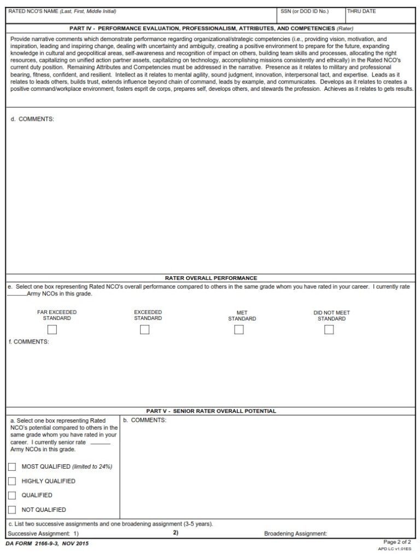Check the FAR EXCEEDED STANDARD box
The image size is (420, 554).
point(52,330)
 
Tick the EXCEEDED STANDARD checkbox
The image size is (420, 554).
point(144,330)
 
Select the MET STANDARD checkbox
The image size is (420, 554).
point(238,330)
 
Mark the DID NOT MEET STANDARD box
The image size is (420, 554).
point(329,330)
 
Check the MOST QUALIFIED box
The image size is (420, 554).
point(12,467)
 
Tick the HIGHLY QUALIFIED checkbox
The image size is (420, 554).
point(12,481)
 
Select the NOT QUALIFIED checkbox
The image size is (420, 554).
point(12,510)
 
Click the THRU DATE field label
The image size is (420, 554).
point(361,11)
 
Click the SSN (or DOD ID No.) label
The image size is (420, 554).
point(304,11)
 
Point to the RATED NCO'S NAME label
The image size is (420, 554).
point(62,11)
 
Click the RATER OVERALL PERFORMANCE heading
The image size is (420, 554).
point(211,278)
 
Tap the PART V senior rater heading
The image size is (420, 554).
point(211,411)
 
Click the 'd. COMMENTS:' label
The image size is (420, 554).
point(32,119)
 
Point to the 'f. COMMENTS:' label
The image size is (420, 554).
point(29,342)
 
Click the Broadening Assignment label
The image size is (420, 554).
point(295,533)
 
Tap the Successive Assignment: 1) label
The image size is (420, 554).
point(44,533)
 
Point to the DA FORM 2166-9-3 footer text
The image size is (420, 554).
point(47,544)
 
